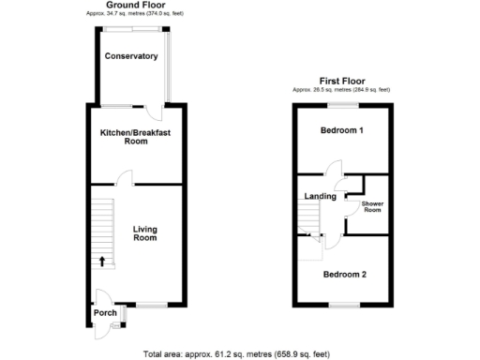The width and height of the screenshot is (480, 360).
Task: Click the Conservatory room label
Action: tap(131, 56)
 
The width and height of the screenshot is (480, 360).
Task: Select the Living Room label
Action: tap(144, 233)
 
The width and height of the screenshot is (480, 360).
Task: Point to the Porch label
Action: tap(104, 313)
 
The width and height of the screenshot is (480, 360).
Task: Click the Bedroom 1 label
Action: tap(341, 130)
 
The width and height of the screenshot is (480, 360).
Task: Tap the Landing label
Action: tap(321, 196)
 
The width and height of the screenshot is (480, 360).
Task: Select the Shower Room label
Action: tap(372, 205)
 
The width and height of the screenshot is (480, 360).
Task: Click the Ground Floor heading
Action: tap(133, 6)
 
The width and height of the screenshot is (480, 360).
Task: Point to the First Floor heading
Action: tap(341, 82)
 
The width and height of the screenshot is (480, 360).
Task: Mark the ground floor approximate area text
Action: tap(133, 15)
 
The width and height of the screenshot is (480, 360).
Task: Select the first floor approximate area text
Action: tap(341, 90)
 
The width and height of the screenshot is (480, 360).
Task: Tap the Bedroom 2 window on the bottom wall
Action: tap(342, 307)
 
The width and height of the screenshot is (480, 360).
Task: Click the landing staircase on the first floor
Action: tap(309, 221)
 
